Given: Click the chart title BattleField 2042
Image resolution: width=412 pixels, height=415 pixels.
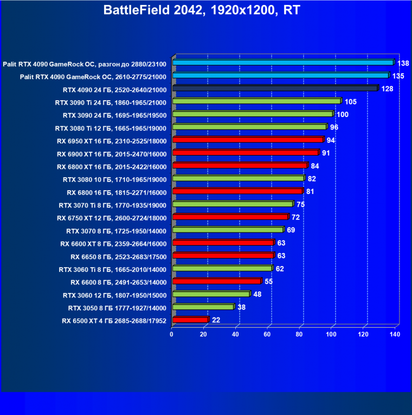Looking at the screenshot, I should pyautogui.click(x=205, y=10).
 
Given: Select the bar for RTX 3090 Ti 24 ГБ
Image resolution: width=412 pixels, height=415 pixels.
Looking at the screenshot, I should pyautogui.click(x=256, y=101).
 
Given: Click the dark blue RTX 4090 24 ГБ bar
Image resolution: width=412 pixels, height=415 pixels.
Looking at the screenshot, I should pyautogui.click(x=274, y=88).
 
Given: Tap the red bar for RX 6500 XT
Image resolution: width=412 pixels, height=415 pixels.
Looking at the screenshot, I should pyautogui.click(x=190, y=320).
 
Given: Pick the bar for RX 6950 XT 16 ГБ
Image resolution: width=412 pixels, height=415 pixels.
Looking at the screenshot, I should pyautogui.click(x=247, y=140).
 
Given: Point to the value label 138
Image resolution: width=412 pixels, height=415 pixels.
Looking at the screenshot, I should pyautogui.click(x=403, y=63).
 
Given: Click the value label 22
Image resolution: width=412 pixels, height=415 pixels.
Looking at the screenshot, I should pyautogui.click(x=216, y=320).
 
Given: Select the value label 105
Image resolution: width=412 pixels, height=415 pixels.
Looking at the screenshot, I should pyautogui.click(x=350, y=101).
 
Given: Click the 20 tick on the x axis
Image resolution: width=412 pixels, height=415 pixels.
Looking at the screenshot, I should pyautogui.click(x=204, y=334).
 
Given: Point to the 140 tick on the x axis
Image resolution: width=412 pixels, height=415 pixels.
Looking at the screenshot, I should pyautogui.click(x=395, y=334).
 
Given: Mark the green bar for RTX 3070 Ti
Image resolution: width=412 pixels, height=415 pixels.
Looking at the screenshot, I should pyautogui.click(x=232, y=204).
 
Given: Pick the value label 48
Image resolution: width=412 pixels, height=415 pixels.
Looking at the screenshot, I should pyautogui.click(x=257, y=294).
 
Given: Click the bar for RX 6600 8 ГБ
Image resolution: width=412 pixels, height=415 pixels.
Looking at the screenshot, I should pyautogui.click(x=216, y=281).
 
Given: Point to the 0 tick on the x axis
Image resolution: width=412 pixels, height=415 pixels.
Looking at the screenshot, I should pyautogui.click(x=172, y=334).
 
